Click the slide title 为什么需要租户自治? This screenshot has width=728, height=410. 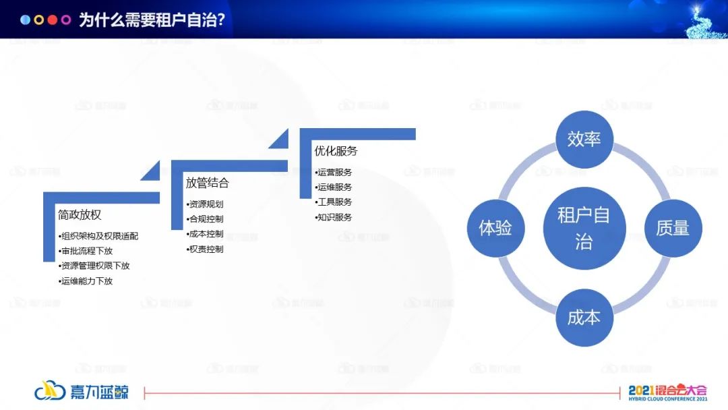[x=152, y=20]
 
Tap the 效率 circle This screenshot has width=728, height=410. [x=584, y=140]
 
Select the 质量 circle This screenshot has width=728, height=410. [x=673, y=228]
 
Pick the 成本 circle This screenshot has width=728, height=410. [x=584, y=318]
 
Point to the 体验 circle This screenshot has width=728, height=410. [x=495, y=228]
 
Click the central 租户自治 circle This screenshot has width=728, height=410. [x=584, y=228]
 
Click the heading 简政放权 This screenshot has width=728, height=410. [x=80, y=214]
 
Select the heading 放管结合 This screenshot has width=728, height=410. [x=208, y=183]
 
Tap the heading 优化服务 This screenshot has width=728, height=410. [x=336, y=151]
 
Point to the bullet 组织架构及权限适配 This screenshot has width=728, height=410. [x=98, y=236]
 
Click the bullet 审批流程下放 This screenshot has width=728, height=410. [x=86, y=251]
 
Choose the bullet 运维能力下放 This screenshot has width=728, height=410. [x=86, y=281]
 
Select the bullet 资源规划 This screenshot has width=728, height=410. [x=205, y=204]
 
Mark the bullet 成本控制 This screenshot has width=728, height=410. [x=205, y=234]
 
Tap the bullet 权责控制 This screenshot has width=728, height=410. [x=205, y=250]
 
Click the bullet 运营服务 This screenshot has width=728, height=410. [x=334, y=172]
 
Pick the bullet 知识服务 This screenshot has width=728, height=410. [x=334, y=217]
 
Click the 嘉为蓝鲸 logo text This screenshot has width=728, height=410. [x=99, y=392]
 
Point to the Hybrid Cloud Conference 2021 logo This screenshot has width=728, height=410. [x=667, y=393]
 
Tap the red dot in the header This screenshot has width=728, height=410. [x=53, y=20]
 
